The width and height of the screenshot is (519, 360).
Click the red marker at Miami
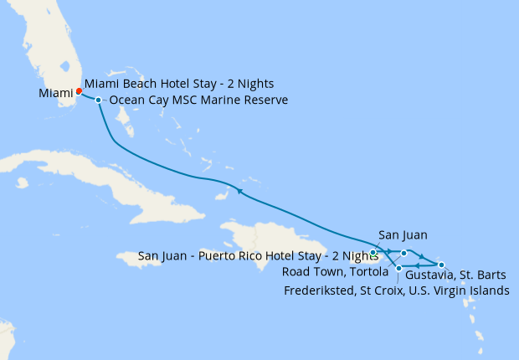79,91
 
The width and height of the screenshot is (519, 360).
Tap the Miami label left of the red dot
55,94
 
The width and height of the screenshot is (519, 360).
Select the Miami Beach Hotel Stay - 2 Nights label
179,85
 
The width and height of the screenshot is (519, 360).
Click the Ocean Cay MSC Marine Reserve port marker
99,100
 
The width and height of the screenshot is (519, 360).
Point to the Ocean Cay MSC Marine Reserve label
198,100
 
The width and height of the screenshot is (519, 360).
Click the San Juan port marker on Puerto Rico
373,252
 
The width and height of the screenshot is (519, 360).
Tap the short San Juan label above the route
398,236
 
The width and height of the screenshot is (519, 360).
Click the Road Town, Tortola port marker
403,252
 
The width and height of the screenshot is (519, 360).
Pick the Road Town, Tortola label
334,272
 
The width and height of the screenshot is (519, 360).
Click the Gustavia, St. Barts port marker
441,265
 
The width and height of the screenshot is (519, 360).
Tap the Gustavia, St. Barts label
455,275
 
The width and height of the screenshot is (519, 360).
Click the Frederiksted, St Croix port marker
398,268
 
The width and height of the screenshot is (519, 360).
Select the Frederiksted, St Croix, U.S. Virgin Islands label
396,291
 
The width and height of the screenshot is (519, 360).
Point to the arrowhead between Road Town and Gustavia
423,258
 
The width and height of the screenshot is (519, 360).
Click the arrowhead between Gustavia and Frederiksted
418,267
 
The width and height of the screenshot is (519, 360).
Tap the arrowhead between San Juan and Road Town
389,251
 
